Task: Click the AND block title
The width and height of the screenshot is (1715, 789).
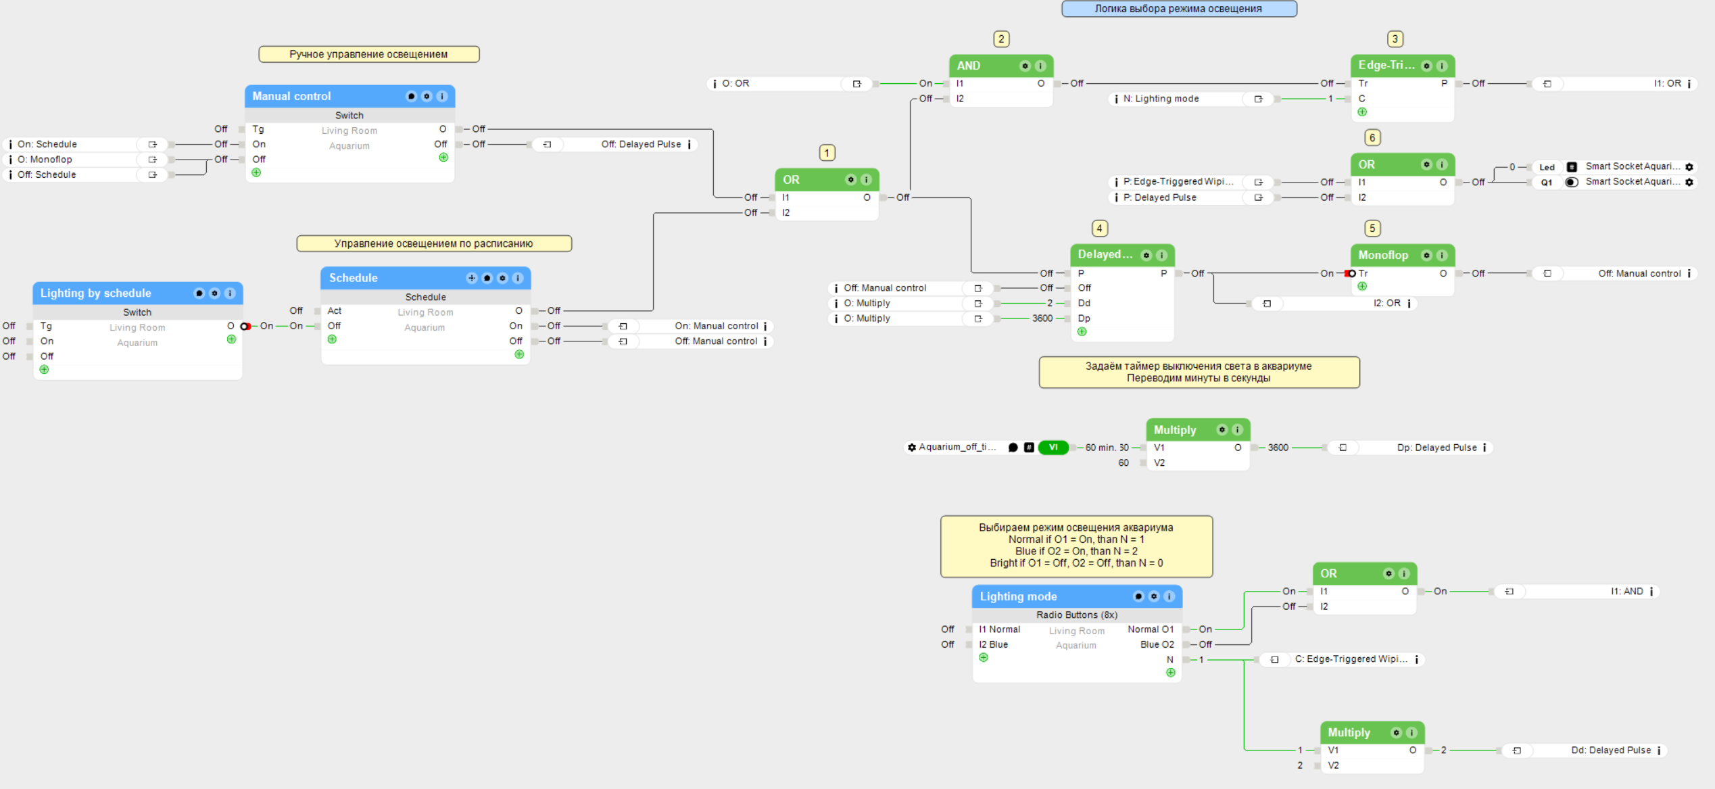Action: (x=968, y=66)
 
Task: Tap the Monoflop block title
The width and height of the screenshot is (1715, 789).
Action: (x=1383, y=255)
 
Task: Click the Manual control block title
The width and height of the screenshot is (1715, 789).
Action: (x=291, y=96)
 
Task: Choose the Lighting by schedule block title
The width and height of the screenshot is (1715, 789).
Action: (x=95, y=293)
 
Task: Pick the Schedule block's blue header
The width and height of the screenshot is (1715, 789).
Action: (x=426, y=278)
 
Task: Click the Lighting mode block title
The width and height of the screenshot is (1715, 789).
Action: (x=1018, y=596)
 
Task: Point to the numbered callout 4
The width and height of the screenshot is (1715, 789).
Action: (x=1100, y=229)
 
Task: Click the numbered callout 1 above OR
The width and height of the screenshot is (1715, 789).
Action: (x=827, y=153)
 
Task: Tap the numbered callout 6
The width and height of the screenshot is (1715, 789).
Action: (x=1372, y=138)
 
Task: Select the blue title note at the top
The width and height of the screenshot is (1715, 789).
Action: (x=1179, y=9)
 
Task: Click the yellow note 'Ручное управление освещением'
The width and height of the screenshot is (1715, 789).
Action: (x=369, y=54)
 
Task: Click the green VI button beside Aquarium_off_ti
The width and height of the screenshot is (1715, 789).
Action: (x=1053, y=448)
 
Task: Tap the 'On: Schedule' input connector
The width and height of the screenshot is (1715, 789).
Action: (x=84, y=145)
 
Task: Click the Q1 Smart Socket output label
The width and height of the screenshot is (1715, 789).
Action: (x=1546, y=183)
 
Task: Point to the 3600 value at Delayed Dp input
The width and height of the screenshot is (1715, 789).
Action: (x=1042, y=318)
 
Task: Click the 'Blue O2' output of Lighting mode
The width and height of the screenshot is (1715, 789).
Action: (x=1157, y=644)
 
